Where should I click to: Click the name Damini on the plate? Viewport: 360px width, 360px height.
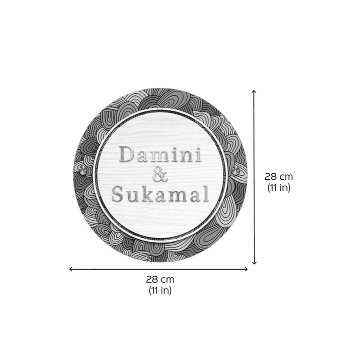tap(161, 155)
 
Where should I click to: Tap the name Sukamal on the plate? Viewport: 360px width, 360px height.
tap(160, 194)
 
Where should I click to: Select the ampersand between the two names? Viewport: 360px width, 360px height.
tap(159, 175)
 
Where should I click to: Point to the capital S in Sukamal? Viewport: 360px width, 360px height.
tap(117, 194)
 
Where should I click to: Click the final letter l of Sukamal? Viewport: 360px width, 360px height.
tap(205, 193)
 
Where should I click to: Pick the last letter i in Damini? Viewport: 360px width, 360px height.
tap(198, 155)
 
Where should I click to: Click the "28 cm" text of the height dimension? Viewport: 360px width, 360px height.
tap(279, 177)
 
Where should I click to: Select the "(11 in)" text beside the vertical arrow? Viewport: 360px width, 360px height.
tap(279, 188)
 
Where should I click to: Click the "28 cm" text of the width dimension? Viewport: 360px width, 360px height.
tap(160, 280)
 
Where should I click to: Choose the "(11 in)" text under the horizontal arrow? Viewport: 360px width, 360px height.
tap(160, 291)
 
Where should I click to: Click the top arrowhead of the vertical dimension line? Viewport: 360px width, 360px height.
tap(254, 92)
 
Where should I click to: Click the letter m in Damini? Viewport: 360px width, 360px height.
tap(159, 156)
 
